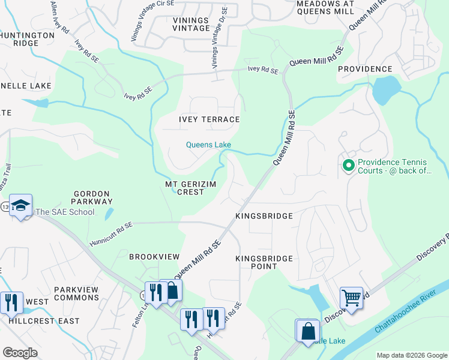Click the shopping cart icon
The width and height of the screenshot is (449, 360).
click(x=351, y=297)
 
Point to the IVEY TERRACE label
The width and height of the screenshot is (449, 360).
click(x=209, y=119)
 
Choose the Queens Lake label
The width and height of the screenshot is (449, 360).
click(x=208, y=145)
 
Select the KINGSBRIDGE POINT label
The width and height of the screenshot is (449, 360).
click(x=264, y=262)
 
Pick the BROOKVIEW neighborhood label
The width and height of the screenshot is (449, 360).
click(x=154, y=256)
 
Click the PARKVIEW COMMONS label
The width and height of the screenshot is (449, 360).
click(x=76, y=293)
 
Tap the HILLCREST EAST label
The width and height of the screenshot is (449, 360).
click(x=44, y=321)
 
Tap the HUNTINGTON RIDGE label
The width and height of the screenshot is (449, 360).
click(x=27, y=39)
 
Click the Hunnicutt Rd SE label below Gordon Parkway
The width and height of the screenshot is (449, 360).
click(x=111, y=235)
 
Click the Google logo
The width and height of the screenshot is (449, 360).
click(x=20, y=352)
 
